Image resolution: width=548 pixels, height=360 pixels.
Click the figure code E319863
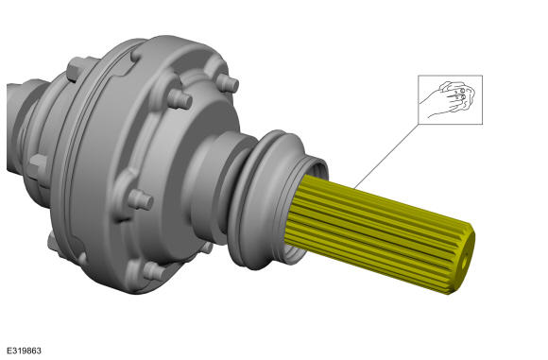(24, 351)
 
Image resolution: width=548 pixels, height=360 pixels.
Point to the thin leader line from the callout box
(386, 156)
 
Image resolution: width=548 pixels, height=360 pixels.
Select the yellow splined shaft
(379, 233)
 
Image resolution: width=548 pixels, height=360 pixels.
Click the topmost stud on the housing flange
(227, 83)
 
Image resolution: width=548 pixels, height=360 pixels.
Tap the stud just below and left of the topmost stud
(180, 98)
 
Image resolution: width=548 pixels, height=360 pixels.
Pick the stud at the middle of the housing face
(141, 199)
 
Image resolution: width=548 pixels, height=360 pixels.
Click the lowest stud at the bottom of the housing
(154, 271)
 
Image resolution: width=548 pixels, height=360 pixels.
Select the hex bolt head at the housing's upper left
(77, 70)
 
